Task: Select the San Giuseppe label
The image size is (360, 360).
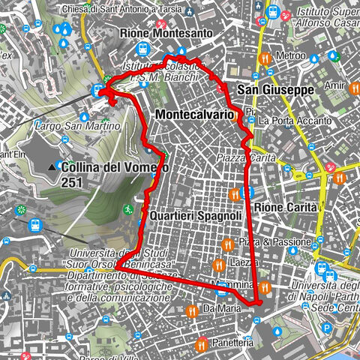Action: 275,90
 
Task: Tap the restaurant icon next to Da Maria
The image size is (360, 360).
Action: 193,308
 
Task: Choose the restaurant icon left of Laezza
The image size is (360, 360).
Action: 219,264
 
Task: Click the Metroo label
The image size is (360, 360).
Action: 291,56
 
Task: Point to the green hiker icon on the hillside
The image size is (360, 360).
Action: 130,208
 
